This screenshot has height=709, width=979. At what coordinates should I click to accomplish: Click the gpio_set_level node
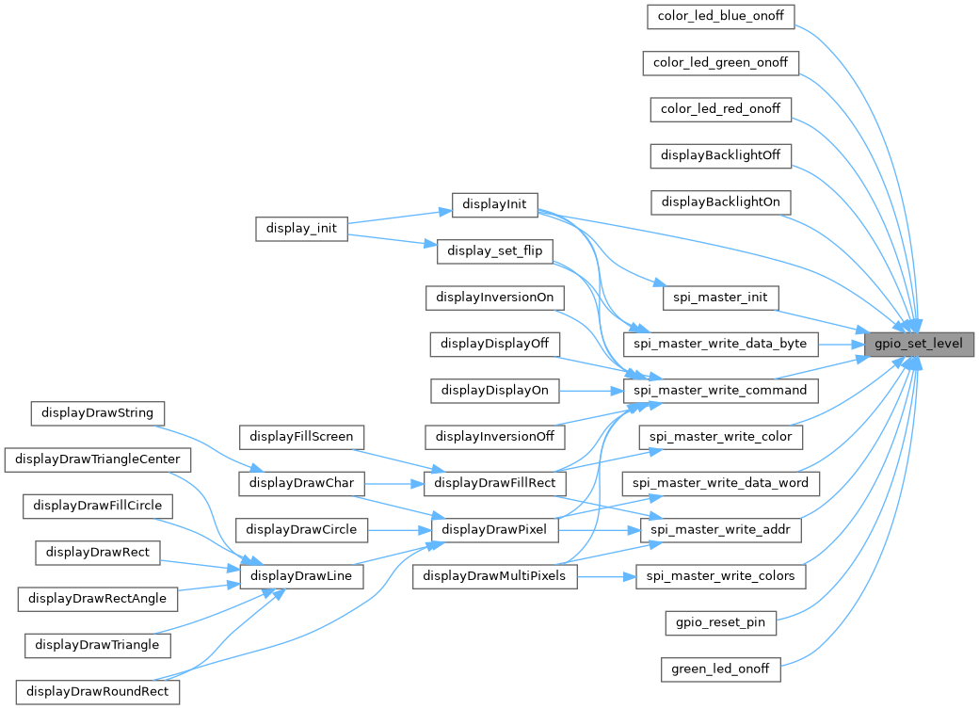919,344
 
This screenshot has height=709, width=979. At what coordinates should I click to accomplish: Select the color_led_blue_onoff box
721,16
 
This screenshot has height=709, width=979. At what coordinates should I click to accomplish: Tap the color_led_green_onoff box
721,63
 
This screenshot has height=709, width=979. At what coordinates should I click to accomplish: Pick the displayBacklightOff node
721,155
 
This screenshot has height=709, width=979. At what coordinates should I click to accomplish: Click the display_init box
302,229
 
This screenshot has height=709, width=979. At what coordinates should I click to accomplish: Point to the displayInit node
495,205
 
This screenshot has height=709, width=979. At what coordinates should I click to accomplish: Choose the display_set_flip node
495,250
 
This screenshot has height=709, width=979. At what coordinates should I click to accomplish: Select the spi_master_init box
721,298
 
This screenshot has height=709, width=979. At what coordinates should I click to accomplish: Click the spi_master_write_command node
721,390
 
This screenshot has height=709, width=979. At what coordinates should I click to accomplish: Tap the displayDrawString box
98,412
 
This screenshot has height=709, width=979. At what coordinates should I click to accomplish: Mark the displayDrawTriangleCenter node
98,459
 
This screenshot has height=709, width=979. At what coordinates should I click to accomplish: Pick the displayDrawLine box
302,576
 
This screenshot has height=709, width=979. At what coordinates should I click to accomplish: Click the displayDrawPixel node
495,530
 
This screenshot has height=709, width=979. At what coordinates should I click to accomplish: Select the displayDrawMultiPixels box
495,576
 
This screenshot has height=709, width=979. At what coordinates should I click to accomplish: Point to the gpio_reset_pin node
721,622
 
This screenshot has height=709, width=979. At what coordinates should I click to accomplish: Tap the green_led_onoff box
721,669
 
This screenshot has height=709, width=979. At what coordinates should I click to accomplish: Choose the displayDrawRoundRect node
98,692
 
